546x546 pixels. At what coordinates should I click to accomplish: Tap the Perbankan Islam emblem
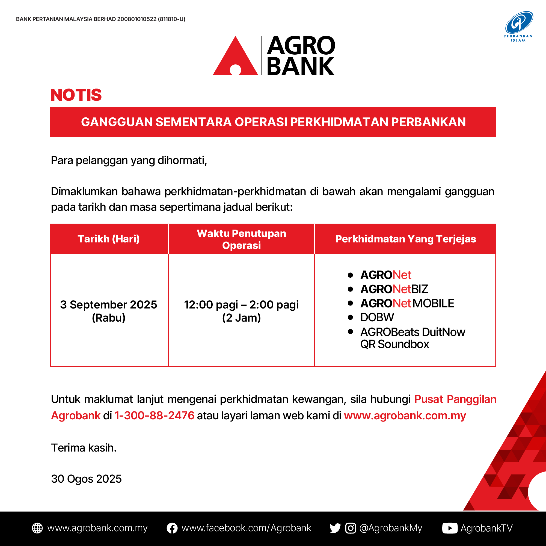tap(519, 26)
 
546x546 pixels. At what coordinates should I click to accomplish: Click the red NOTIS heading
tap(76, 95)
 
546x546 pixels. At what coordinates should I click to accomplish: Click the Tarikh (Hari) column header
tap(109, 239)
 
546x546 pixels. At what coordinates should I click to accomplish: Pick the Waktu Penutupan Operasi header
tap(241, 239)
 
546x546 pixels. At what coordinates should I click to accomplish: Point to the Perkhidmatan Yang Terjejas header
tap(406, 239)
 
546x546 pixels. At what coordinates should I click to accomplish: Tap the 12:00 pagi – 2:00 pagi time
tap(241, 305)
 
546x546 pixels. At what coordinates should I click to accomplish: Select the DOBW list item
tap(377, 317)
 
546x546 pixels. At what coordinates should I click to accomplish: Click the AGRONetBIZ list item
tap(394, 289)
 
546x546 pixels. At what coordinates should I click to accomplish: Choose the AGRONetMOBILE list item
tap(407, 303)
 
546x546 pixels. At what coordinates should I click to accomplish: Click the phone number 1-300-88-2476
tap(154, 416)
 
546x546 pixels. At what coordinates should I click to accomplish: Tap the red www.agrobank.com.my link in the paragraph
tap(405, 416)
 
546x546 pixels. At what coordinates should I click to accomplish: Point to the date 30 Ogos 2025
tap(86, 479)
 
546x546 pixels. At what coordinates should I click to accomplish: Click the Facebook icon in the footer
tap(172, 528)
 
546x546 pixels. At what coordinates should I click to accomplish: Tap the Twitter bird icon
tap(335, 528)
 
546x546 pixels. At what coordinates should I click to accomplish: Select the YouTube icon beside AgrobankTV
tap(450, 528)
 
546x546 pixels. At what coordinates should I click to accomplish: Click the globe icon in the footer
tap(37, 528)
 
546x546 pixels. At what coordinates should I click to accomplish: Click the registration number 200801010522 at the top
tap(137, 19)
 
